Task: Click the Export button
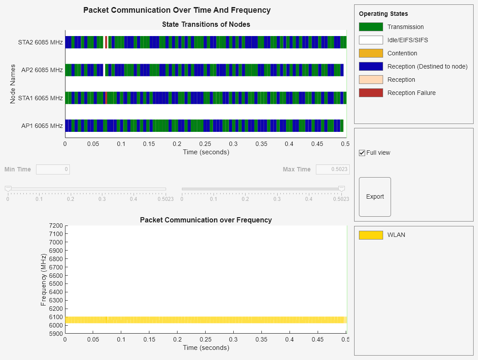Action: [x=375, y=197]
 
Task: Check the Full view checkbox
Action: [x=362, y=153]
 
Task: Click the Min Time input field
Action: [x=53, y=169]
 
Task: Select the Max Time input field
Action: [x=333, y=169]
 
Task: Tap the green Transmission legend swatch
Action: [x=371, y=27]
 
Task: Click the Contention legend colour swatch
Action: [x=371, y=53]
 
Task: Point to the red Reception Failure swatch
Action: [x=371, y=93]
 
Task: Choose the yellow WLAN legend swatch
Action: [x=371, y=235]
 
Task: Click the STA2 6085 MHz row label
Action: [x=40, y=43]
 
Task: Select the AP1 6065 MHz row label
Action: [x=42, y=126]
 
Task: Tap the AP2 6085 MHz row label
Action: [x=42, y=70]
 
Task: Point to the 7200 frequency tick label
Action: [x=56, y=225]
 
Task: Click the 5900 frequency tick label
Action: [x=56, y=334]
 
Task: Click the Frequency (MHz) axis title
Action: [x=43, y=280]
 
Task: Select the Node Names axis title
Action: [x=13, y=84]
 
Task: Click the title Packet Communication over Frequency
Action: [x=206, y=220]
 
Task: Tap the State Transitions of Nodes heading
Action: [x=206, y=24]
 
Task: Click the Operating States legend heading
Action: [x=383, y=14]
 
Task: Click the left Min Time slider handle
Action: [x=8, y=189]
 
